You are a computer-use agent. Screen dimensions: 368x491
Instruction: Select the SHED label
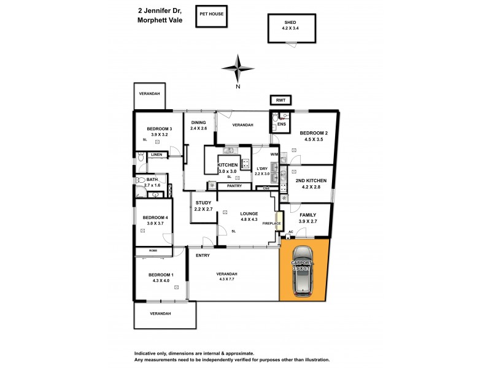click(x=290, y=21)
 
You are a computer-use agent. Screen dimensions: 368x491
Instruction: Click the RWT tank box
click(x=281, y=100)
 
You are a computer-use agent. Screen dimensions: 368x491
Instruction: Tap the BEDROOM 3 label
click(x=159, y=128)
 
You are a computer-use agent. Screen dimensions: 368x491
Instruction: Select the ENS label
click(x=281, y=125)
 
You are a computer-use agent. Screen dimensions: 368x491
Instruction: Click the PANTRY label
click(x=234, y=186)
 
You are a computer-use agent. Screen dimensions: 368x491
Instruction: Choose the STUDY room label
click(x=203, y=203)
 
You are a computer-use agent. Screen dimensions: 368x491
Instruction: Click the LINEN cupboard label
click(x=157, y=155)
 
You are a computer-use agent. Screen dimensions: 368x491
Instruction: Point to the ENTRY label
click(x=203, y=255)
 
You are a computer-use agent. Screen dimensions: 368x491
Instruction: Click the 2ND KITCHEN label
click(x=311, y=180)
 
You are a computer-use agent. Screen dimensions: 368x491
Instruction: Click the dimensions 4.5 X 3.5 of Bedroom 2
click(x=314, y=139)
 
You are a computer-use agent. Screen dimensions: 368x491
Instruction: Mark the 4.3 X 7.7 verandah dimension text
click(x=228, y=280)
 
